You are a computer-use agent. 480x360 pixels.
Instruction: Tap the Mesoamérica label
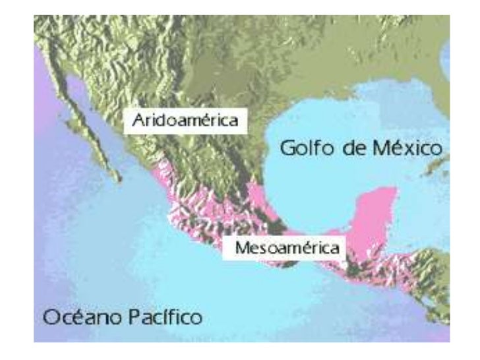click(x=283, y=249)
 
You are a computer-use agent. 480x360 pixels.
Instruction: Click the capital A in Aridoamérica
click(x=137, y=121)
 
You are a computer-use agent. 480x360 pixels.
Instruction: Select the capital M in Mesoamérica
click(x=231, y=249)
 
